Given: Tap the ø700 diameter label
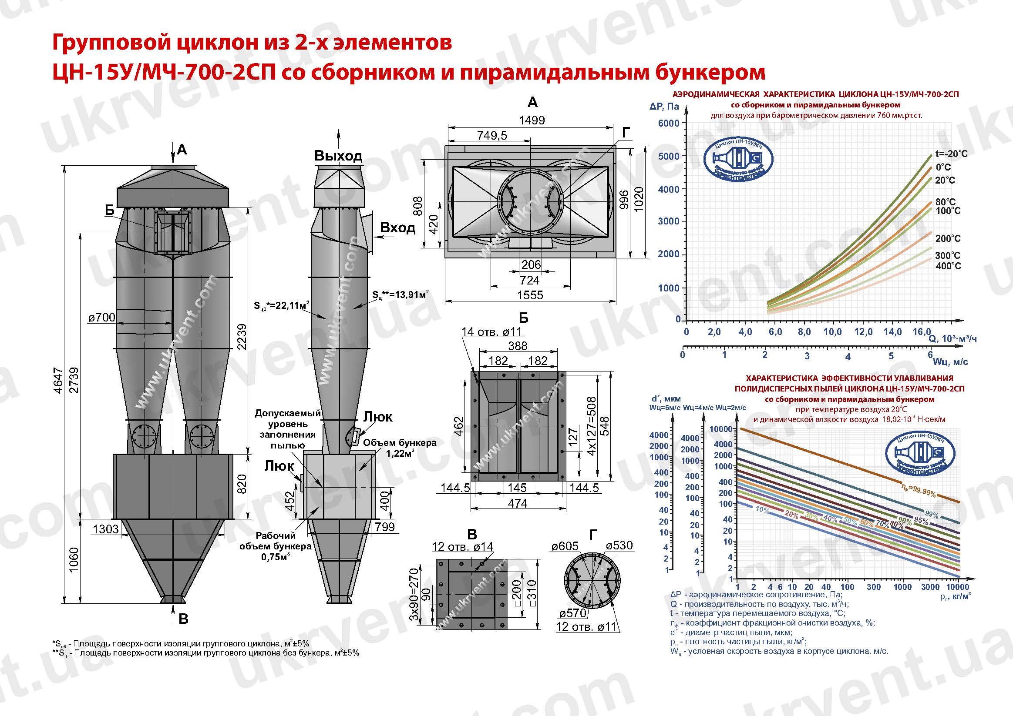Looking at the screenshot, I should point(101,317).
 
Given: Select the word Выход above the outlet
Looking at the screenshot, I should point(338,156).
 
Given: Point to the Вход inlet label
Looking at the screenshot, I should point(397,228).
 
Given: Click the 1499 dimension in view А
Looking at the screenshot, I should point(532,120).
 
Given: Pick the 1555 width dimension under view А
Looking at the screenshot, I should point(530,295).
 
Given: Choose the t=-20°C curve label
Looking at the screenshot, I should point(951,154).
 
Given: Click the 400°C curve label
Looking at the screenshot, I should point(948,266).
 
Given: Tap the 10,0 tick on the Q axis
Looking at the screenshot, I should point(832,332).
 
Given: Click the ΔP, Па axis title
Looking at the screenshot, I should point(664,106).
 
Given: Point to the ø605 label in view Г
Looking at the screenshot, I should point(564,546).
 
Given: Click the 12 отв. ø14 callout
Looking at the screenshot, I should point(462,547).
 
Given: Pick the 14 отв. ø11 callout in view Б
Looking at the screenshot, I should point(491,331).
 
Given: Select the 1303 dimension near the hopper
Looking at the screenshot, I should point(106,529).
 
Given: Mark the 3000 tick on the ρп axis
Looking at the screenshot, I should point(930,587).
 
